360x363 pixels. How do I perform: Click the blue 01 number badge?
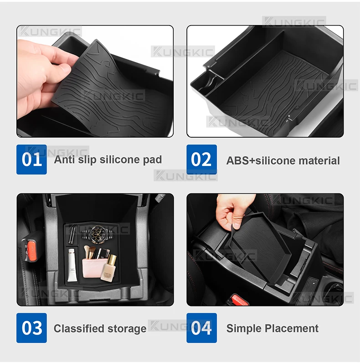[31, 160]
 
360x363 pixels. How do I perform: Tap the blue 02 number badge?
[201, 160]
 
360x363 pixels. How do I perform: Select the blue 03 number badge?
[31, 328]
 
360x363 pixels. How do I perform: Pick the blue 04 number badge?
[201, 328]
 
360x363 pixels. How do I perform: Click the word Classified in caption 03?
[79, 328]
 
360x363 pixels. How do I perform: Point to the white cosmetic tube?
[72, 265]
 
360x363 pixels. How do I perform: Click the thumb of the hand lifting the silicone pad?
[62, 69]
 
